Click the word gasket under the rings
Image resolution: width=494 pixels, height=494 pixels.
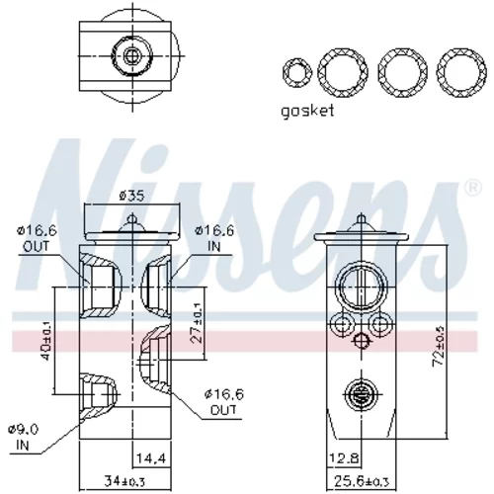pos(307,111)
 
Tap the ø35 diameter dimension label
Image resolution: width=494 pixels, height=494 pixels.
pos(131,196)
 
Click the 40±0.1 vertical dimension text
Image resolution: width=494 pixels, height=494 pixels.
pos(46,341)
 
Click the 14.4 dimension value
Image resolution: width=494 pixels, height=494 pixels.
pos(151,457)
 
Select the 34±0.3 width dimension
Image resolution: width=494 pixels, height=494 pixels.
pos(124,481)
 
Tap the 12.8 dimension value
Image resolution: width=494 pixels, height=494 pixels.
pos(344,457)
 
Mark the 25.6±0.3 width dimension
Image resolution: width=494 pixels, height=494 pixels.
pos(362,481)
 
